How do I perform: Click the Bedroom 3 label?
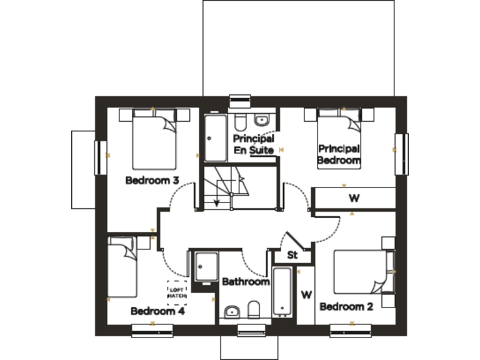[x=152, y=181]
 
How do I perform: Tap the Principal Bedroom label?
[x=339, y=154]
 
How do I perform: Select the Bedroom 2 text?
[x=346, y=307]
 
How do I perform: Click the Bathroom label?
[x=246, y=282]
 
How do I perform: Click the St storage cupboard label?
[x=292, y=255]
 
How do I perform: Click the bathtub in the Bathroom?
[x=282, y=291]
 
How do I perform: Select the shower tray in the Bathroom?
[x=206, y=267]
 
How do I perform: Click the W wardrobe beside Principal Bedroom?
[x=354, y=199]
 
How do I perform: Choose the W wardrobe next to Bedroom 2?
[x=306, y=294]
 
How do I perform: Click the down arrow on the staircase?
[x=217, y=201]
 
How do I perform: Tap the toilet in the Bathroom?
[x=254, y=310]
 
